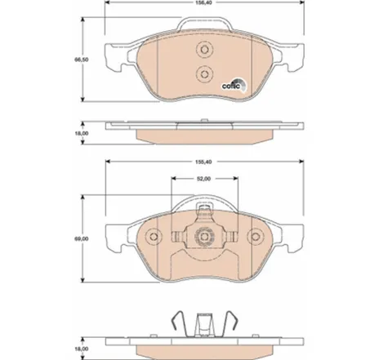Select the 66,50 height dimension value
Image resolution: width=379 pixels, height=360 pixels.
82,60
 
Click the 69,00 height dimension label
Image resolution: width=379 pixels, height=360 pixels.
82,239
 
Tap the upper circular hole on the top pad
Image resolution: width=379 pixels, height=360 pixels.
203,50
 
